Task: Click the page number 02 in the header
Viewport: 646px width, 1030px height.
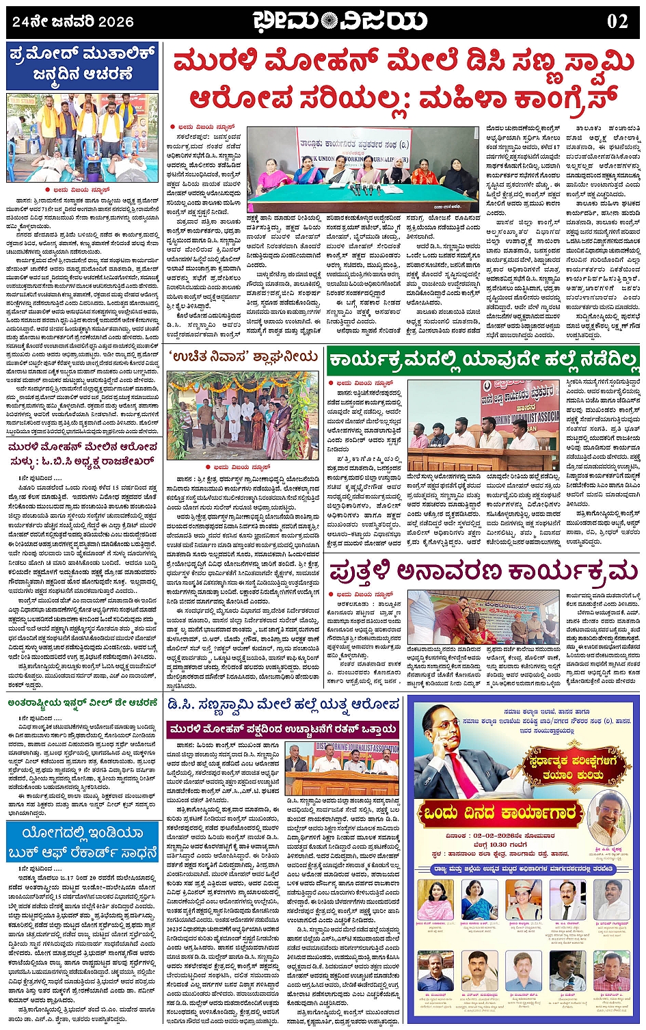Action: click(x=617, y=21)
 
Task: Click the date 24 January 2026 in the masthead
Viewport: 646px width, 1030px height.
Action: click(x=73, y=21)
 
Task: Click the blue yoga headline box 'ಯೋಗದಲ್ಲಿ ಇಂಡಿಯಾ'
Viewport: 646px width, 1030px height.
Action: click(x=83, y=842)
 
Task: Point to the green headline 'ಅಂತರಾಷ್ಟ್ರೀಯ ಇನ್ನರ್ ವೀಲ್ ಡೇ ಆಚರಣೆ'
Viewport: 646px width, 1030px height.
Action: click(x=83, y=702)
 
